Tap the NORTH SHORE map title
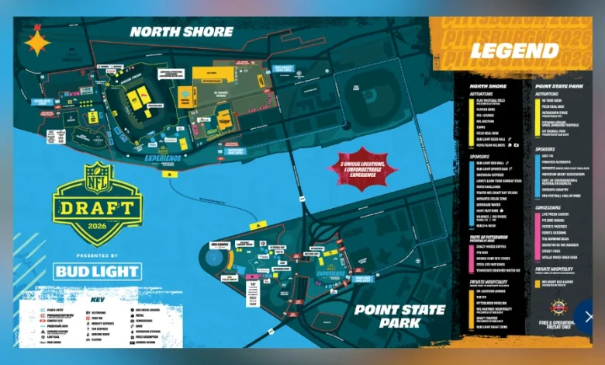[x=181, y=32]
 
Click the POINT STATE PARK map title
[x=399, y=316]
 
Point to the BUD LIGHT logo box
[x=98, y=271]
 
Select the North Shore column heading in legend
[x=489, y=86]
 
